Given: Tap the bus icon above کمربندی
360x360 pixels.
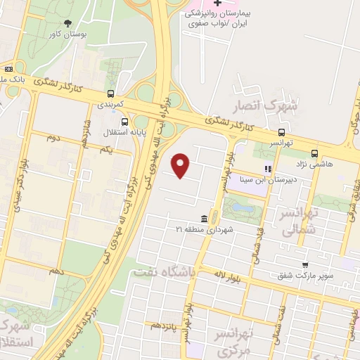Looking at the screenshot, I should (110, 93).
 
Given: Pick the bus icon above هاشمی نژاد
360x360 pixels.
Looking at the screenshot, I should (314, 152).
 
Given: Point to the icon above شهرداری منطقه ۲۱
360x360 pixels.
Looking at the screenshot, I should (204, 218).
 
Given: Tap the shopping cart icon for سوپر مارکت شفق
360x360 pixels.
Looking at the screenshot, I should (304, 264).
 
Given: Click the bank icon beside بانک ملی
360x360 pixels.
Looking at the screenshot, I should (8, 69).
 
